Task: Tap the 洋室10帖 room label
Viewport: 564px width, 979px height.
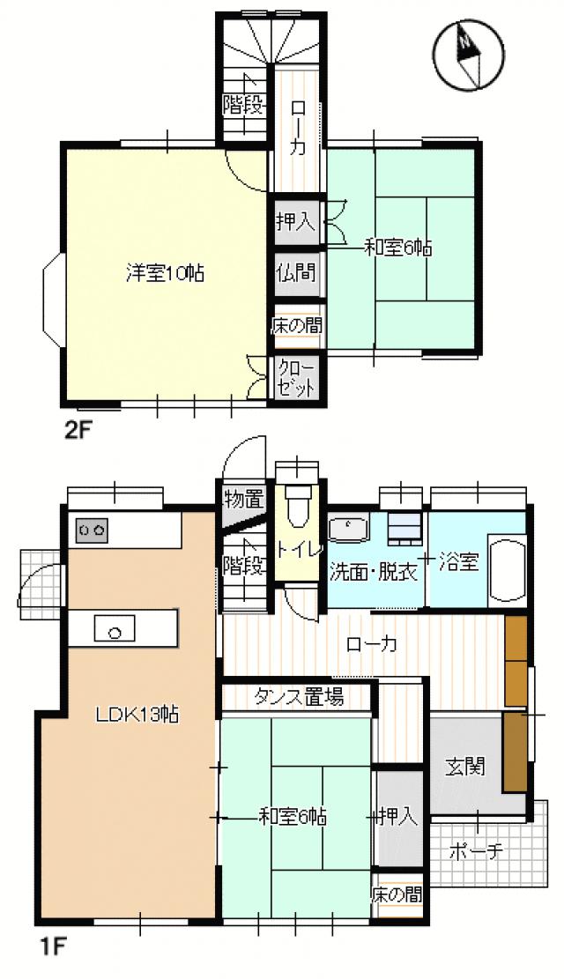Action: pyautogui.click(x=164, y=274)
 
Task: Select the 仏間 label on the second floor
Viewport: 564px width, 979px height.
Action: pyautogui.click(x=295, y=272)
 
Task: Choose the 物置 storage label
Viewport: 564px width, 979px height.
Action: pyautogui.click(x=242, y=499)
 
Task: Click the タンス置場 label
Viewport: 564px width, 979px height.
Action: pyautogui.click(x=299, y=697)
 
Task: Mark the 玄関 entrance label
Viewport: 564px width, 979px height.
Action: pyautogui.click(x=464, y=767)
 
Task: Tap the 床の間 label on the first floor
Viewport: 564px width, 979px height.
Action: pyautogui.click(x=397, y=895)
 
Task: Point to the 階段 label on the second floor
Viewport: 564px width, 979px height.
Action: pyautogui.click(x=243, y=106)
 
